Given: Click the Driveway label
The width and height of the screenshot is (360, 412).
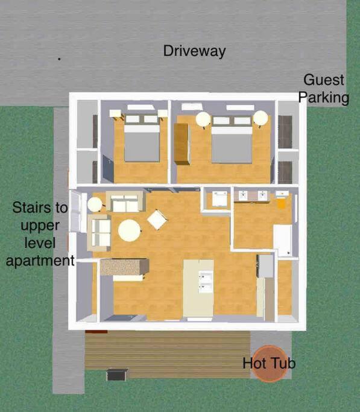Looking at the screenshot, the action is coord(194,51).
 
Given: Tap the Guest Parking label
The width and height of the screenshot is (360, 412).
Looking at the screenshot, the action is coord(324,89).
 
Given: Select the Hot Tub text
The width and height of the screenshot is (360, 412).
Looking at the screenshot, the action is coord(269,363).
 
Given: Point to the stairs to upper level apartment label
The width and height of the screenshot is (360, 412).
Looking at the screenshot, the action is coord(40,234).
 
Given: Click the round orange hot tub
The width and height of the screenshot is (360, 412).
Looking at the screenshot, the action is coord(270,364).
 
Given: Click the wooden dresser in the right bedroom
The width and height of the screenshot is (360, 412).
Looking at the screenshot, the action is coord(182,144).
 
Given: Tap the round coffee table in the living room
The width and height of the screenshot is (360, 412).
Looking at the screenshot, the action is coord(129,230).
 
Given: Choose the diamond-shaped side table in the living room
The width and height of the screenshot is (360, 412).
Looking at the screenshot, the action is coord(157,220).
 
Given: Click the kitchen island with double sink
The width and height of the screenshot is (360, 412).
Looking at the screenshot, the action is coord(198,288).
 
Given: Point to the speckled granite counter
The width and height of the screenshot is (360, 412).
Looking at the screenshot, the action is coord(125,267).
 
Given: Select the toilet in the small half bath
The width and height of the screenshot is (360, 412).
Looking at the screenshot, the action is coord(219,199).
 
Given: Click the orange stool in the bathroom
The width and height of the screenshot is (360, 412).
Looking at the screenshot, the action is coord(281,203).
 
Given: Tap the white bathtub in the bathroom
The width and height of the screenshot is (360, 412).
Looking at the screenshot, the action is coord(283,241).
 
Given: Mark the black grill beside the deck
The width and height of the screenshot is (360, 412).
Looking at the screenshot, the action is coord(116,375).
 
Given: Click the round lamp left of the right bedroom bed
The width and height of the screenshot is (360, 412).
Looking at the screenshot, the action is coord(203,119).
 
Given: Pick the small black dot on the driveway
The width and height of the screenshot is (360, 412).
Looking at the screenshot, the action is coord(59,59).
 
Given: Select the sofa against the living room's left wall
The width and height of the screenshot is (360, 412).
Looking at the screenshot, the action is coord(99,233).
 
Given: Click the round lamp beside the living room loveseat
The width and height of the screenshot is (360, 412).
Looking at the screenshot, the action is coord(95,204).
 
